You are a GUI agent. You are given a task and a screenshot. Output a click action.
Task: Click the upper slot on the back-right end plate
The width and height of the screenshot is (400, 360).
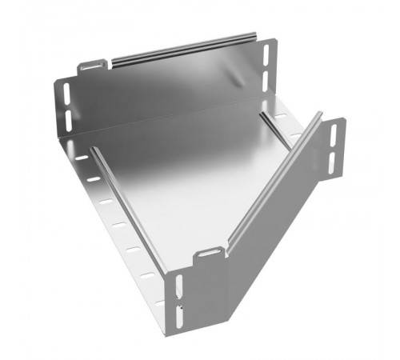tap(266, 55)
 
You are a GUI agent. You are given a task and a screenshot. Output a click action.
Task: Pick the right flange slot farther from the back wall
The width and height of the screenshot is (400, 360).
tap(294, 137)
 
